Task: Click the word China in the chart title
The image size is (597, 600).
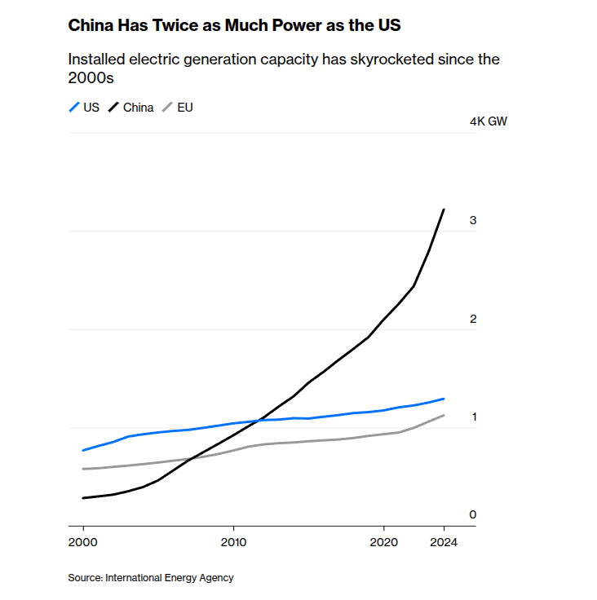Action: click(x=91, y=25)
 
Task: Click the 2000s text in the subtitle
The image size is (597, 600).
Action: click(x=91, y=78)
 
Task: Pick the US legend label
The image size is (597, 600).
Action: click(x=91, y=108)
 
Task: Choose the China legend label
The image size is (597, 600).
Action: click(x=139, y=108)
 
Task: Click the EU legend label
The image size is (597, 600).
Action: click(x=185, y=108)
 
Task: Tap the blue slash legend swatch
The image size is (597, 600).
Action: click(x=74, y=108)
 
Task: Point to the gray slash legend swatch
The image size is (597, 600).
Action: click(x=167, y=108)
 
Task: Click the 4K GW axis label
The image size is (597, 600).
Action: click(x=489, y=121)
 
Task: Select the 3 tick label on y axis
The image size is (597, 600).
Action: click(x=473, y=220)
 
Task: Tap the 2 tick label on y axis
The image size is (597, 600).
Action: click(x=473, y=319)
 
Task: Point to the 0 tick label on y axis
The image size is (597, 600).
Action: click(x=473, y=514)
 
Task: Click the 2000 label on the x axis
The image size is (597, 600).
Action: click(x=82, y=542)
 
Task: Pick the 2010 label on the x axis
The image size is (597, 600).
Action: click(x=233, y=542)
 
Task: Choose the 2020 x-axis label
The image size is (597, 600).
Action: click(x=383, y=542)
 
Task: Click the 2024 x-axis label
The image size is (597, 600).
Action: click(x=444, y=542)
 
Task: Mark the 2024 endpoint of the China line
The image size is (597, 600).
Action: click(x=444, y=210)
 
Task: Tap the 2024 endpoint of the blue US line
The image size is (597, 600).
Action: click(x=444, y=399)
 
